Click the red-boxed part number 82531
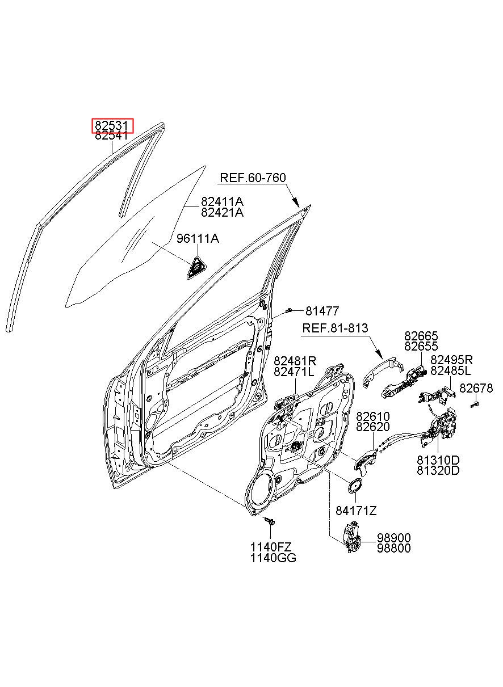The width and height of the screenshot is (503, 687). click(112, 125)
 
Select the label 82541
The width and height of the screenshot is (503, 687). click(111, 136)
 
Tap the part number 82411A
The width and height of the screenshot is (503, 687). click(222, 201)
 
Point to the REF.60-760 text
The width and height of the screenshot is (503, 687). click(253, 178)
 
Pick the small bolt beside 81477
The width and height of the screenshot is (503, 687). click(288, 311)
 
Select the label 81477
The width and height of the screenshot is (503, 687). click(322, 311)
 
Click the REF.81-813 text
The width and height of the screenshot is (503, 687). click(335, 328)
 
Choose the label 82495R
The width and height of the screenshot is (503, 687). click(451, 360)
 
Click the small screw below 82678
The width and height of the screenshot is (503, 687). click(475, 404)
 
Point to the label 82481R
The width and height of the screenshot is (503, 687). click(295, 360)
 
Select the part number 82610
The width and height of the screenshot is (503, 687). click(372, 416)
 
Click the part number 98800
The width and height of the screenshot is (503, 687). click(394, 548)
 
